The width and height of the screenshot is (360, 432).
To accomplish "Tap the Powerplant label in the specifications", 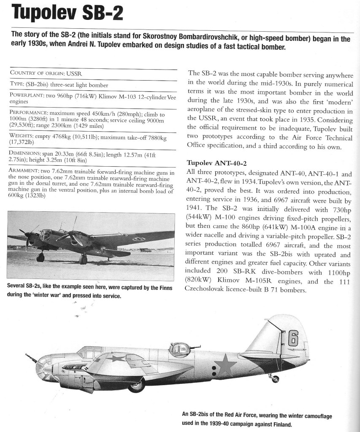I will click(25, 95).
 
